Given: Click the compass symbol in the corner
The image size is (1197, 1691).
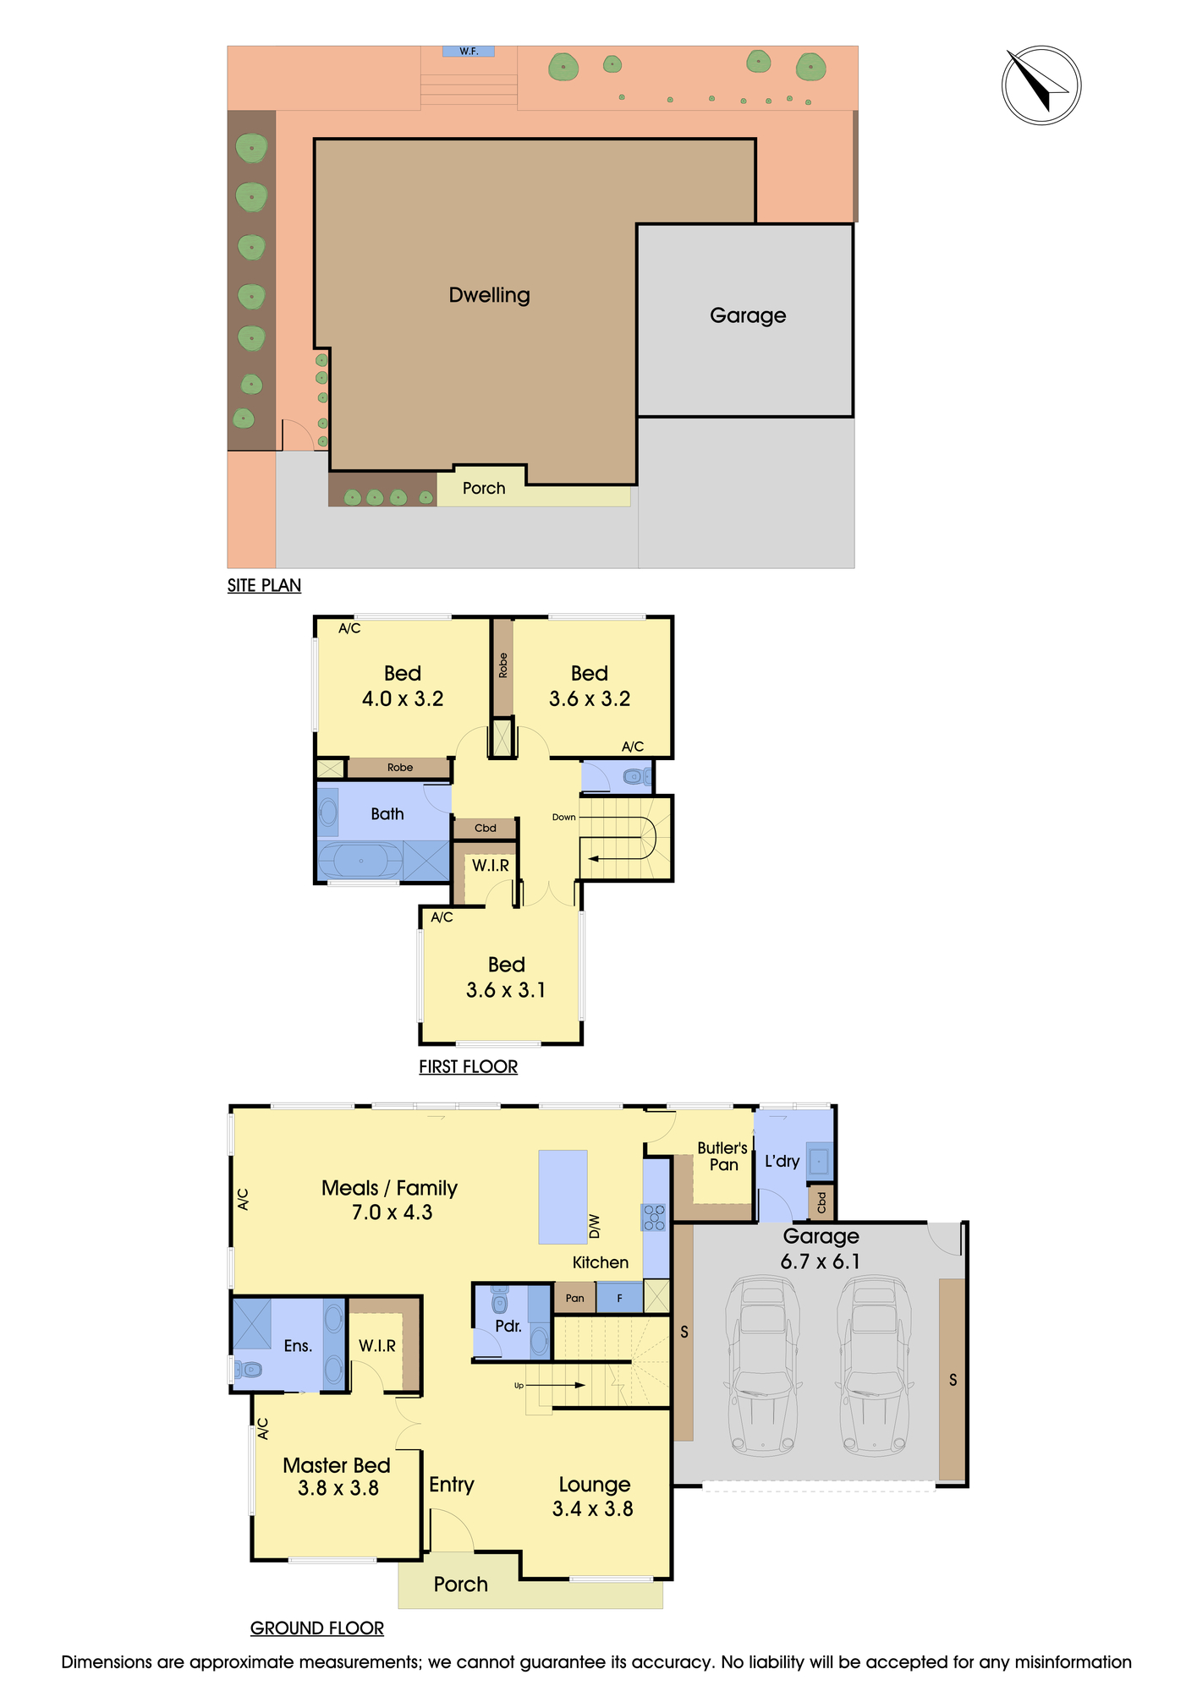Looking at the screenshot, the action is pos(1041,85).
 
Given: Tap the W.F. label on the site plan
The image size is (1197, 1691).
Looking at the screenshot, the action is pos(469,52).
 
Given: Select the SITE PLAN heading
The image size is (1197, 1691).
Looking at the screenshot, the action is pos(264,585).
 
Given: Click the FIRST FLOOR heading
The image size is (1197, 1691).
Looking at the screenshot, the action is pos(468,1067).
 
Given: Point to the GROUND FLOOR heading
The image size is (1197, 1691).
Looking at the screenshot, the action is pos(317,1628).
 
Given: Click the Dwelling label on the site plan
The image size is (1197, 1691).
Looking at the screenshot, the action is pos(489,295).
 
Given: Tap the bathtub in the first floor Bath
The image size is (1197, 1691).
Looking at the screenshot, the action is pos(361,861).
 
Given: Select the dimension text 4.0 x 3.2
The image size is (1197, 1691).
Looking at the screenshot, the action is pos(403,698).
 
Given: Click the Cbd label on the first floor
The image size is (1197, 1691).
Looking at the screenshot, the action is pos(485,828).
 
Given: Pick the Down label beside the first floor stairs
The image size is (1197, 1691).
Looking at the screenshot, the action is pos(563,817).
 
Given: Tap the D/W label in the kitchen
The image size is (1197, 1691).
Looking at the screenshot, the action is pos(594,1226).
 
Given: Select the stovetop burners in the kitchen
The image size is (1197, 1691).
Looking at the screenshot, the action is pos(655,1217).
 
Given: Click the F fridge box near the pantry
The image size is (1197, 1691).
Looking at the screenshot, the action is pos(619,1298).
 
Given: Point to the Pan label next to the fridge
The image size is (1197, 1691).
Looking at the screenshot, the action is pos(574,1298).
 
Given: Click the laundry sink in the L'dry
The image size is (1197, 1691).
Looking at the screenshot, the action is pos(819,1160).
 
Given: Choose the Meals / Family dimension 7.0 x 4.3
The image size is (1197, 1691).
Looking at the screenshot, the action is pos(392,1212).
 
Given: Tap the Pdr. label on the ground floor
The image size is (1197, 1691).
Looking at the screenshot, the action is pos(508,1326).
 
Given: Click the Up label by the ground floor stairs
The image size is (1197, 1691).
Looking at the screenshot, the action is pos(519,1385).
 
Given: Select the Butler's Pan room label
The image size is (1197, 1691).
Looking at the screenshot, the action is pos(722,1156).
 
